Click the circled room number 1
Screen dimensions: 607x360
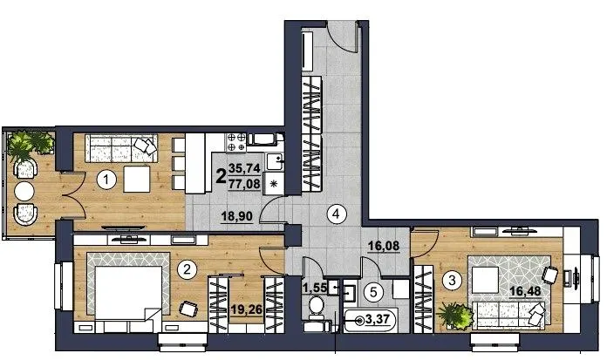(106, 180)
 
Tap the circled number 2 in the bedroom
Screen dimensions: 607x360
(187, 269)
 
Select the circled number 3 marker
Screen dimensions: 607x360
(452, 280)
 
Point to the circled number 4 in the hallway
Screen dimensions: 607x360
(336, 214)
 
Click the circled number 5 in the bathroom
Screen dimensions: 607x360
(373, 292)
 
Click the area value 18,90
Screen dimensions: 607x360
(237, 216)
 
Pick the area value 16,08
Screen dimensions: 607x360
(383, 246)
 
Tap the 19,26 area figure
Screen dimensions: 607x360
(247, 309)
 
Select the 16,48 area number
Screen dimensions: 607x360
(525, 291)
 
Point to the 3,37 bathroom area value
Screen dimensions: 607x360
(378, 320)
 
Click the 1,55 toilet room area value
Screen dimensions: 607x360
(315, 288)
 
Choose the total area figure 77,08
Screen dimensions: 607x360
(244, 183)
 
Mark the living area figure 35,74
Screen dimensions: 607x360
(244, 168)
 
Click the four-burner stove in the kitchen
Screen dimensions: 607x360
(235, 142)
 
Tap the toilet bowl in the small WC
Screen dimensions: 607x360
(317, 306)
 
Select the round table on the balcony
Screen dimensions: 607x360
(24, 191)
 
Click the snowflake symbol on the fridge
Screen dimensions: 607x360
(273, 184)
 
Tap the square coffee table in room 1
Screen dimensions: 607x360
(136, 180)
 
